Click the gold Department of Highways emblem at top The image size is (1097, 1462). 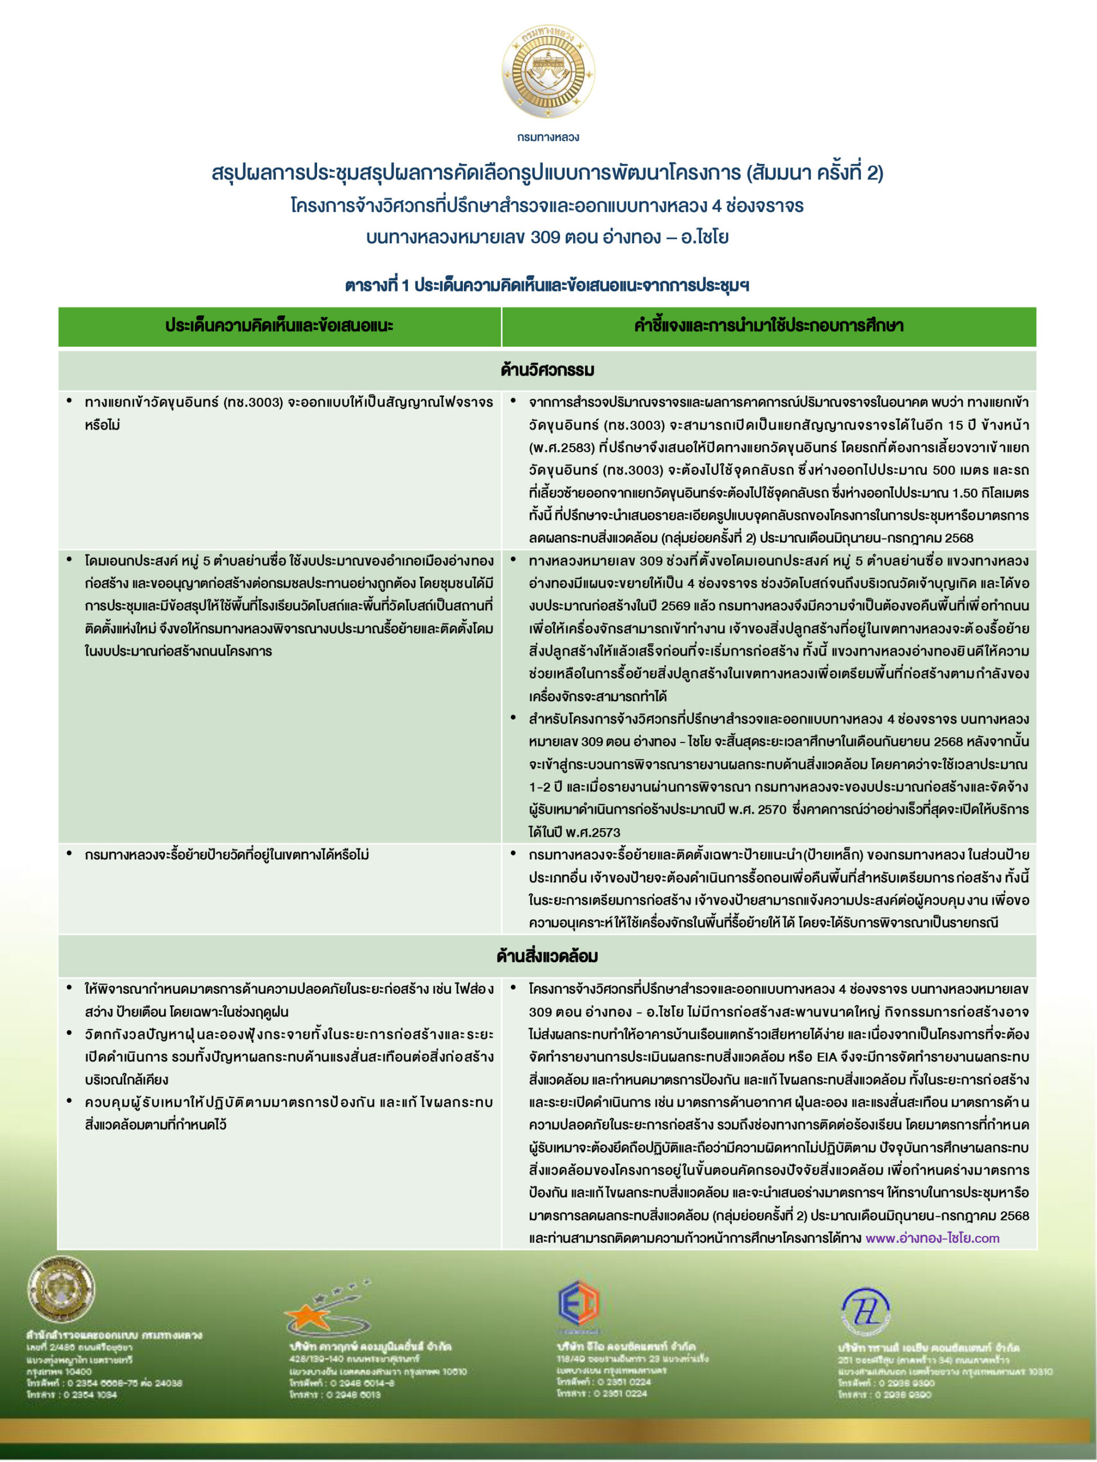(x=548, y=71)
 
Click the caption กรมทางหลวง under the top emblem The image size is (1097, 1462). (x=548, y=137)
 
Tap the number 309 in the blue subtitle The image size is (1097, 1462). (x=546, y=236)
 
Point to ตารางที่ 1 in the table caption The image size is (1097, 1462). (x=377, y=286)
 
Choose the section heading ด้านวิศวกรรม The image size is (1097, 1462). (x=547, y=369)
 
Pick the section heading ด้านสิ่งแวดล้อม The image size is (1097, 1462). (x=547, y=955)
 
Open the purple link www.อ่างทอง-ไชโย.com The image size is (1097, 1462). (x=932, y=1238)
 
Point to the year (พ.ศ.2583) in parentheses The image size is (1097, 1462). (x=562, y=448)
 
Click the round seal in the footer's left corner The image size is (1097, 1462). (x=61, y=1290)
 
